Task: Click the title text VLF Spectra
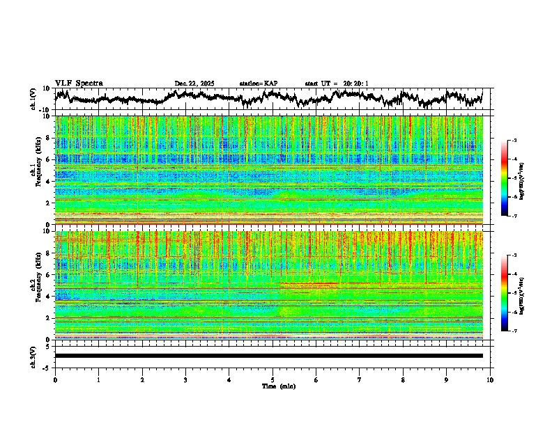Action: pyautogui.click(x=79, y=84)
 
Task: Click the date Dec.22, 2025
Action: pyautogui.click(x=194, y=84)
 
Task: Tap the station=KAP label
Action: pyautogui.click(x=259, y=84)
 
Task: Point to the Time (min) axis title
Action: pyautogui.click(x=278, y=386)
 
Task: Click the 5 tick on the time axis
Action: pyautogui.click(x=273, y=380)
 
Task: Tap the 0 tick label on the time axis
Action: pyautogui.click(x=55, y=380)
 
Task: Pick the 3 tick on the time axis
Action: pyautogui.click(x=185, y=380)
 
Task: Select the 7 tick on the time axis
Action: pyautogui.click(x=360, y=380)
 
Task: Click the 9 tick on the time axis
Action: pyautogui.click(x=447, y=380)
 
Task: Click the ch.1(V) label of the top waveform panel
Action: pyautogui.click(x=34, y=99)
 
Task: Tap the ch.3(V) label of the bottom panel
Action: pyautogui.click(x=34, y=356)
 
